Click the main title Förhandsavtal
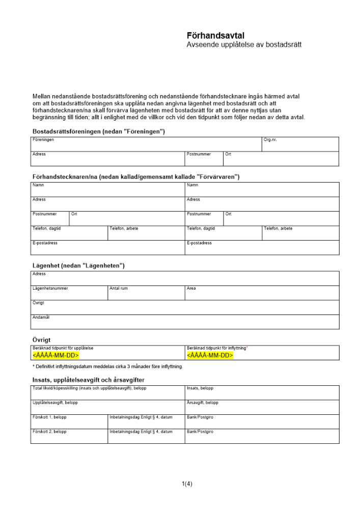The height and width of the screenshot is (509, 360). click(x=216, y=36)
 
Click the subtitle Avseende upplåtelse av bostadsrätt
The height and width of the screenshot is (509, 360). click(x=244, y=45)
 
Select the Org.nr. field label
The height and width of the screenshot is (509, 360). click(x=270, y=139)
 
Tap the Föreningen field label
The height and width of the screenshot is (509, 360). click(x=43, y=139)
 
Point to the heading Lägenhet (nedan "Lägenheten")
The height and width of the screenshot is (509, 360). click(x=78, y=266)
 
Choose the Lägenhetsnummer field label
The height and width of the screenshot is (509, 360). click(x=50, y=289)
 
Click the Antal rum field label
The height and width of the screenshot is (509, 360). click(x=119, y=289)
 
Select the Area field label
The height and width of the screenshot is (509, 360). click(x=191, y=289)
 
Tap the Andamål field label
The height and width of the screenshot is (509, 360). click(x=41, y=317)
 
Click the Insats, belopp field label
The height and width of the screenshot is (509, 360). click(x=200, y=388)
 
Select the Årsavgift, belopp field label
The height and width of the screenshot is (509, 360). click(x=203, y=403)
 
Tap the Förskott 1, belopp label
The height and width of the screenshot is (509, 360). click(x=49, y=417)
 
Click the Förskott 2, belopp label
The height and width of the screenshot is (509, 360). click(x=49, y=432)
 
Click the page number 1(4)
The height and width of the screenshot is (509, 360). click(x=187, y=484)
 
